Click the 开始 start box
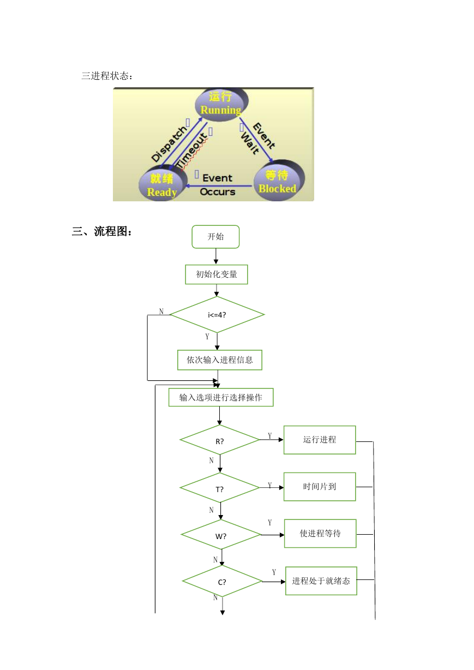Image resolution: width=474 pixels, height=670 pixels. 215,237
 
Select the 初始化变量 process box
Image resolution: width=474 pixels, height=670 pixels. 216,274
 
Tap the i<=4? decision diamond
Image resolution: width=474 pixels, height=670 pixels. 217,314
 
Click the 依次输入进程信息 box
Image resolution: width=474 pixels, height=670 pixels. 219,360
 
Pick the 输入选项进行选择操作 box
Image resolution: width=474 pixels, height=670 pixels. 221,397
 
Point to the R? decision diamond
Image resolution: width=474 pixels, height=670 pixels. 219,440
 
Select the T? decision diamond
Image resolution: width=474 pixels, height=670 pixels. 219,488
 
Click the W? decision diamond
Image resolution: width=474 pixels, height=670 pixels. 221,535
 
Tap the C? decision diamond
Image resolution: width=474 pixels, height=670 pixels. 222,581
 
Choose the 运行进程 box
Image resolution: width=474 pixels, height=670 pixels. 320,440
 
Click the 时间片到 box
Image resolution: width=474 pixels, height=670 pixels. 320,487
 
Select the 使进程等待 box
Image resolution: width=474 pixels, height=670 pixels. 320,534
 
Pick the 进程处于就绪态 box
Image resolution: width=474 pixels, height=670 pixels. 321,581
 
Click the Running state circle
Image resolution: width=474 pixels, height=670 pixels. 221,104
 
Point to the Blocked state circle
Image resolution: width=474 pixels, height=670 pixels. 279,181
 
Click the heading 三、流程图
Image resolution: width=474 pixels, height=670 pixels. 101,231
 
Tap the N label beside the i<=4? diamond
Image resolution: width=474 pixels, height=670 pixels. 161,312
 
